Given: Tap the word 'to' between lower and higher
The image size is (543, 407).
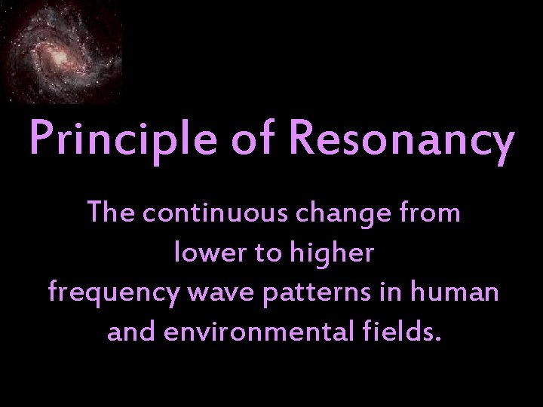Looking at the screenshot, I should point(268,254).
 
